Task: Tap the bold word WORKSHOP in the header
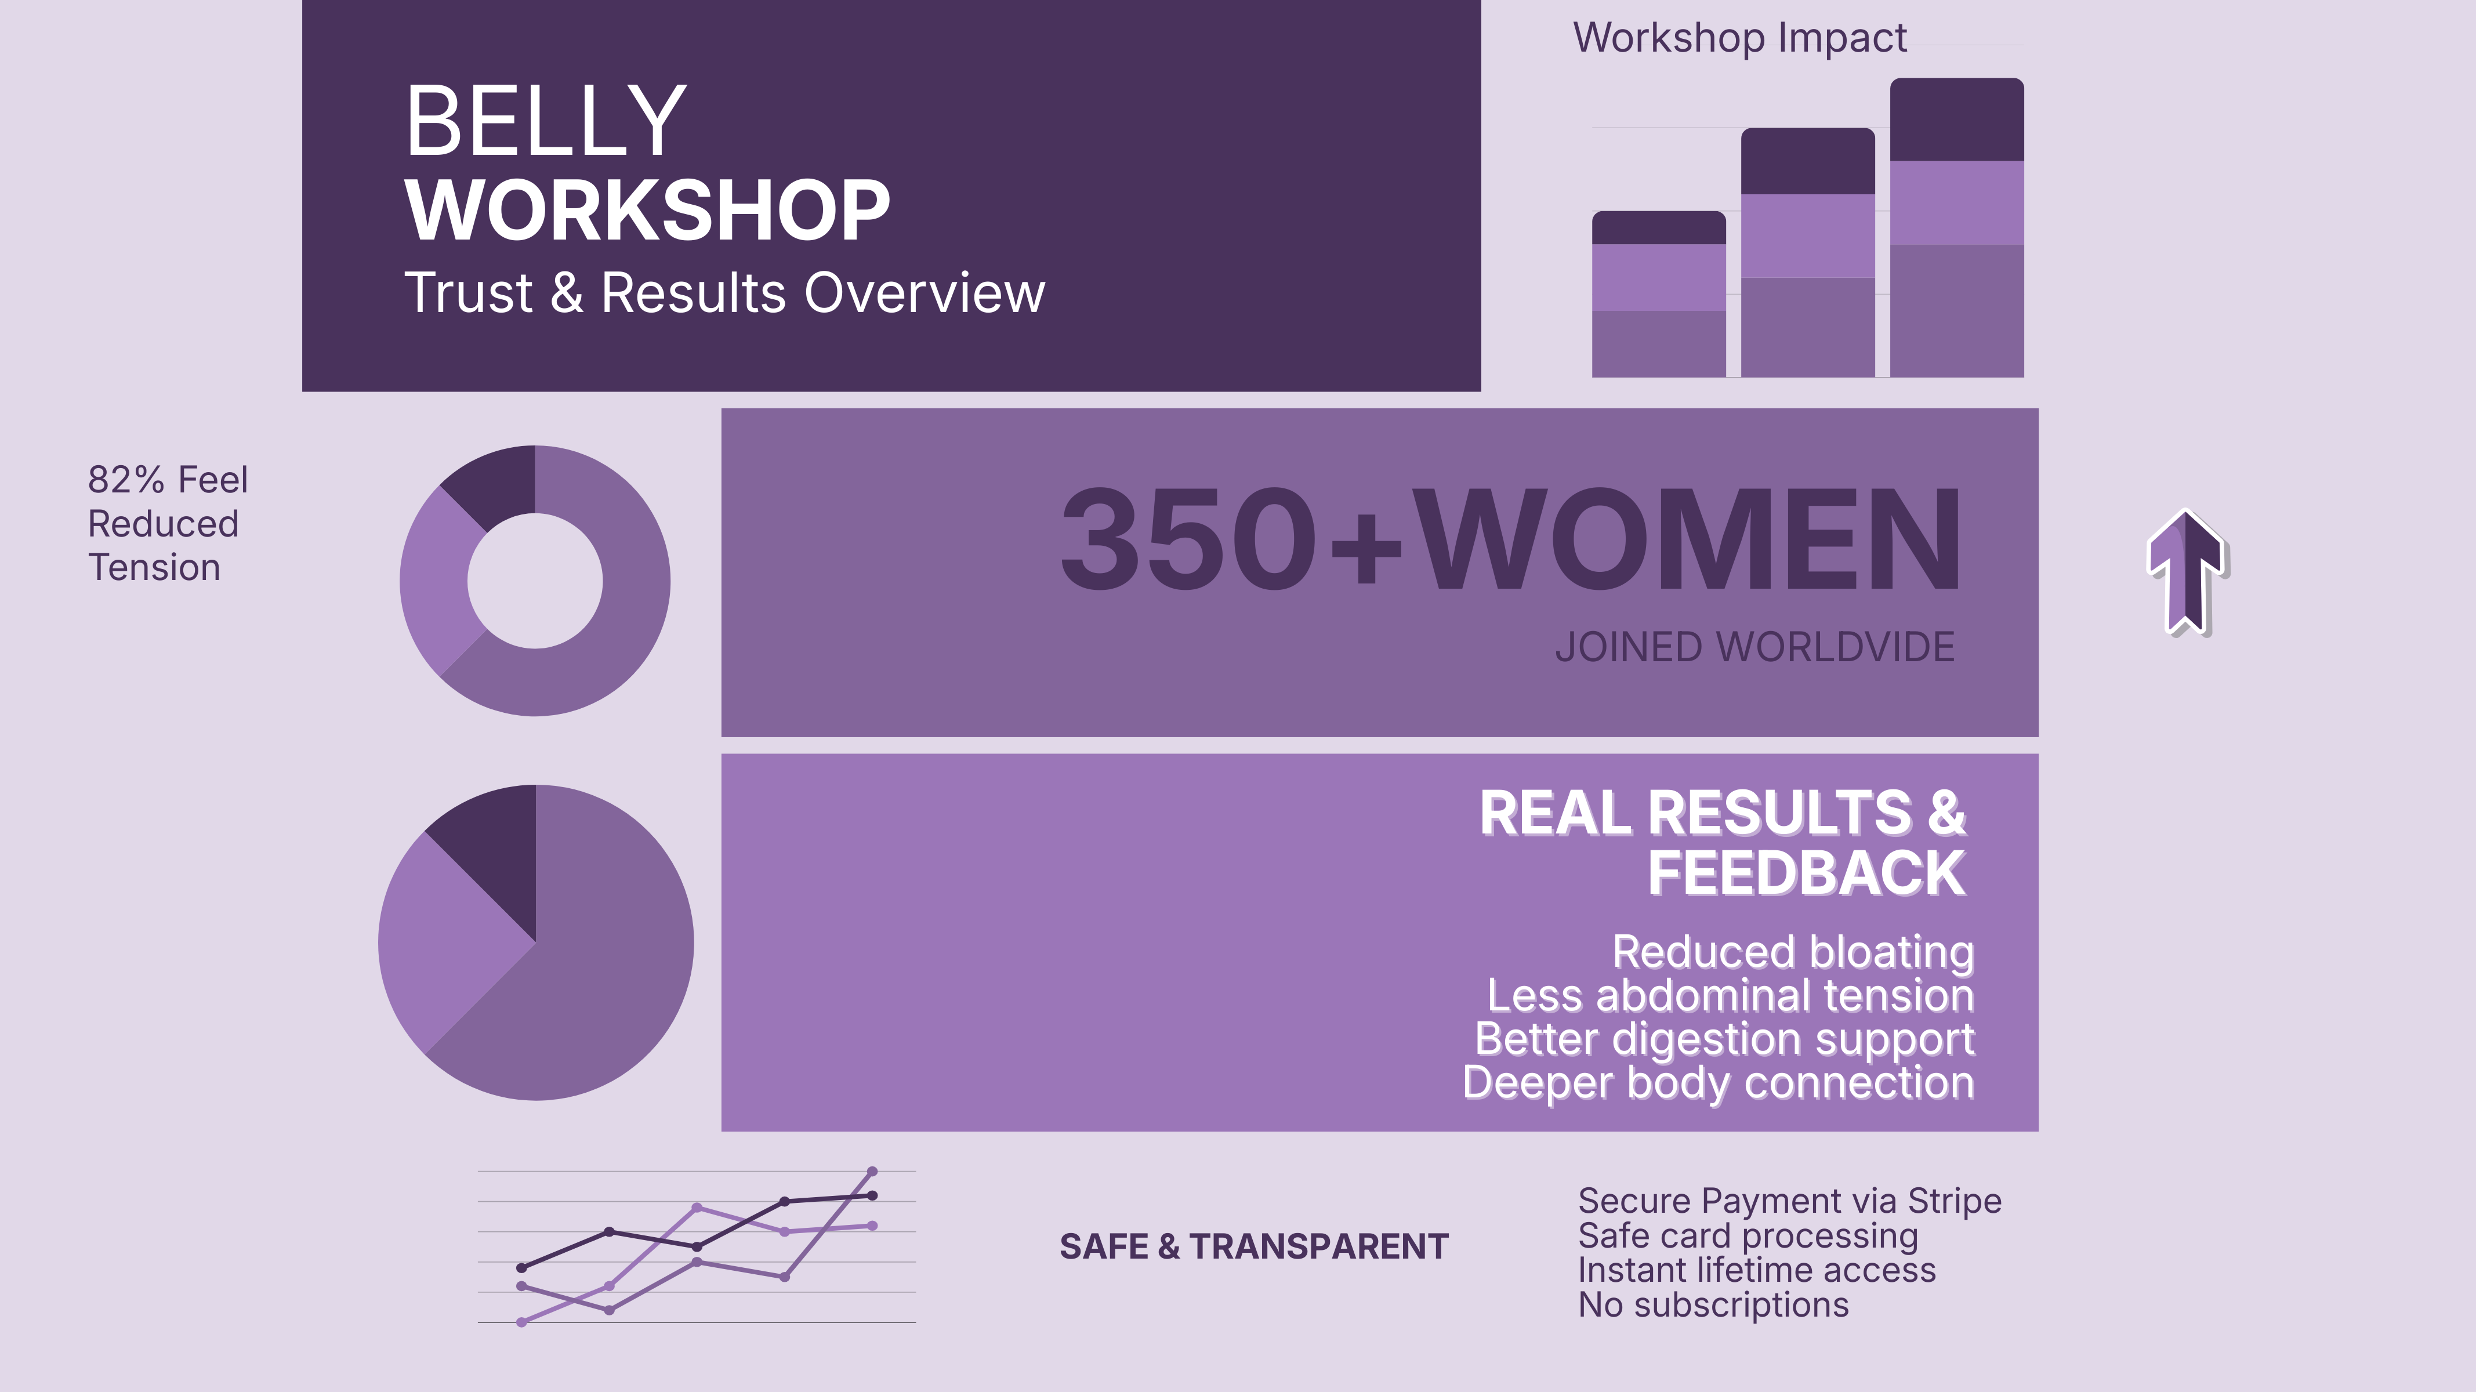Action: (x=648, y=211)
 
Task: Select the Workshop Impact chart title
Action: (x=1740, y=38)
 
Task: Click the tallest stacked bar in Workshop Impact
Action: (x=1957, y=228)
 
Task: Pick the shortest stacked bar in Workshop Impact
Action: (x=1659, y=294)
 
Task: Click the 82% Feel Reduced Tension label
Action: (x=167, y=523)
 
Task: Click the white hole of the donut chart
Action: (x=535, y=581)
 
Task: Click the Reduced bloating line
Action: (x=1793, y=952)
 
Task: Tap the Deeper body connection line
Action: (x=1719, y=1082)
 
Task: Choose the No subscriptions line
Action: (x=1713, y=1304)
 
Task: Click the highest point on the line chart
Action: (x=872, y=1172)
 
